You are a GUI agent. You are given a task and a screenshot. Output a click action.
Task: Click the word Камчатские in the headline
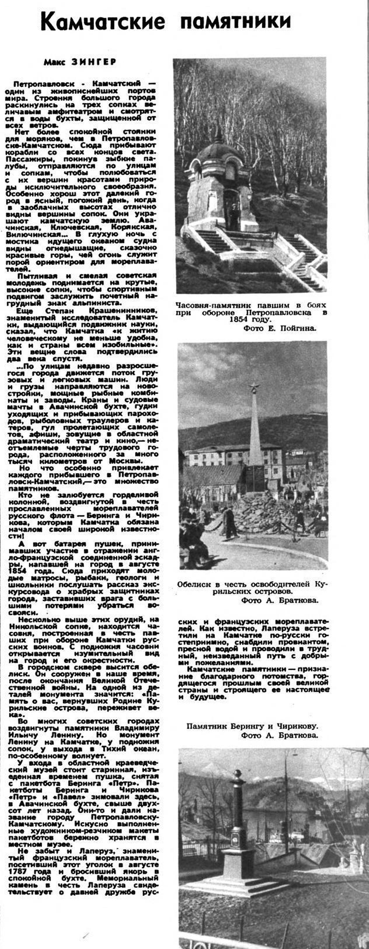point(102,21)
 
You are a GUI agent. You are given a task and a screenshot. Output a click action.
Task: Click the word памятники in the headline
point(236,21)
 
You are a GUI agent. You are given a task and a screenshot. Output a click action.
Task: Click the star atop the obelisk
point(254,388)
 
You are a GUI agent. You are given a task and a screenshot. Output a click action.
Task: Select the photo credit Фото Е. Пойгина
point(280,328)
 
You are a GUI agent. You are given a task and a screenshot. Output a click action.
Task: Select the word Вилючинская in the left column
point(33,234)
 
